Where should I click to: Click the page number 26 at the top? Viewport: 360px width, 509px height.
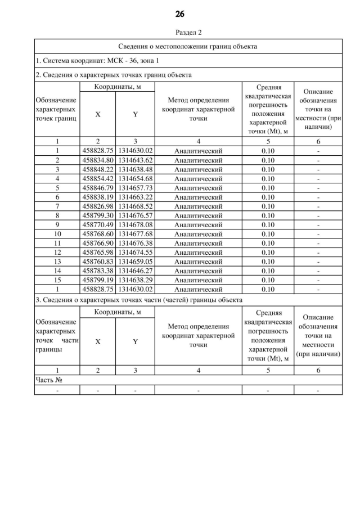tap(180, 14)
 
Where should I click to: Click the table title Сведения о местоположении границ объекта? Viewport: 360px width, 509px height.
tap(188, 46)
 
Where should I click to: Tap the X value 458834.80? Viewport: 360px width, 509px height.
tap(98, 160)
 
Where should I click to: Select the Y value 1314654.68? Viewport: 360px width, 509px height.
tap(135, 179)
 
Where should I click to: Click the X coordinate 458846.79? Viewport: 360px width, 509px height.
tap(98, 188)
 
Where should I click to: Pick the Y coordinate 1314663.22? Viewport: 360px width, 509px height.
tap(135, 197)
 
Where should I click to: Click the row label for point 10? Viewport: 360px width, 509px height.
tap(57, 234)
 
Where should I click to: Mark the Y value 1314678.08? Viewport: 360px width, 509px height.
tap(135, 225)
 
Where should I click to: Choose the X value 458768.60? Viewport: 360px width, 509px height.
tap(98, 234)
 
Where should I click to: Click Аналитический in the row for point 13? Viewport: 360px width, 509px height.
tap(198, 262)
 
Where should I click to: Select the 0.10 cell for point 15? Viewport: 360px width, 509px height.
tap(268, 280)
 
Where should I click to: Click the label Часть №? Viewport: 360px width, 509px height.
tap(48, 380)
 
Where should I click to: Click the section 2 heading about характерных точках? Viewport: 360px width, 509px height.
tap(114, 74)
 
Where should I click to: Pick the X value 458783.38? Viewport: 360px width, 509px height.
tap(98, 271)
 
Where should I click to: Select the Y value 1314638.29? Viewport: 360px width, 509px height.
tap(135, 280)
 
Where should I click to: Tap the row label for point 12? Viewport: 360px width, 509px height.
tap(57, 253)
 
